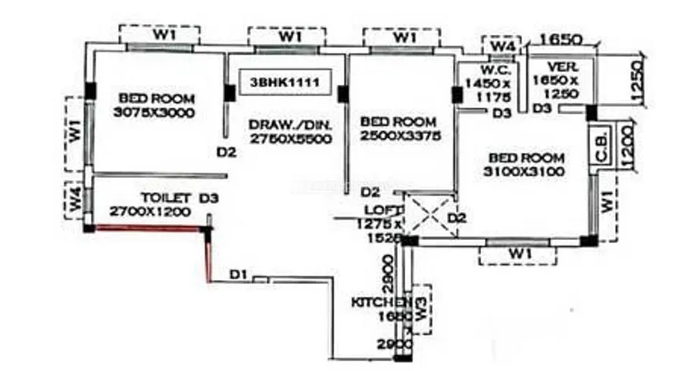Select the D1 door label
[239, 274]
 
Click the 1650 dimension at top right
[561, 37]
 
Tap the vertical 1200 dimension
[629, 145]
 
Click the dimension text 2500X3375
[401, 136]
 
